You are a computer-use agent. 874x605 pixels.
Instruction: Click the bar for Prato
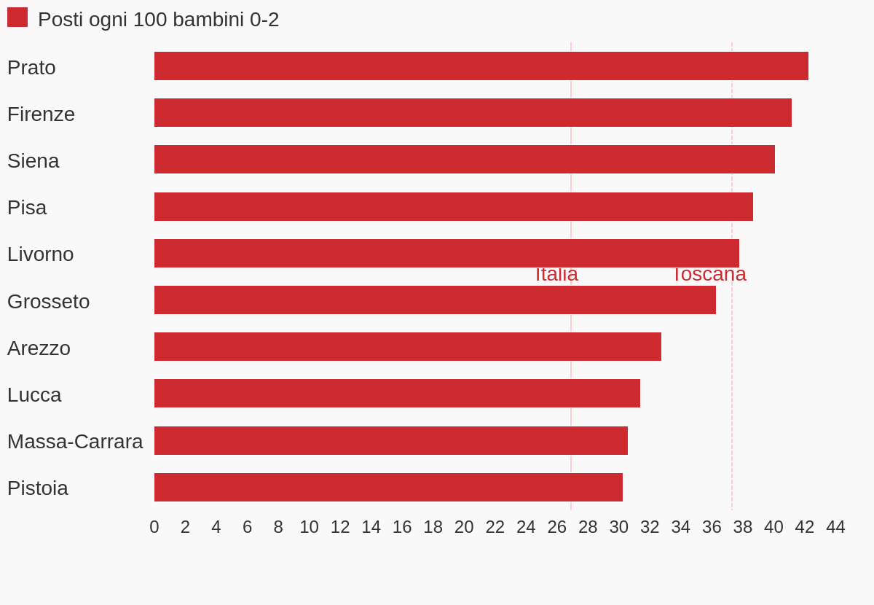[481, 66]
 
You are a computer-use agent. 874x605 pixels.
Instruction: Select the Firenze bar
[473, 113]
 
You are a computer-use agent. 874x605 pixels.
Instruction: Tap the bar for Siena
[464, 160]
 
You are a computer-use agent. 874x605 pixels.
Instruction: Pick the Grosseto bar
[435, 300]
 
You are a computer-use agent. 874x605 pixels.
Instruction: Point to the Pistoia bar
[388, 488]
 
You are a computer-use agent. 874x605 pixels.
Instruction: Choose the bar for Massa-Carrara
[391, 441]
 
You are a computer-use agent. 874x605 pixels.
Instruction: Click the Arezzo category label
[39, 348]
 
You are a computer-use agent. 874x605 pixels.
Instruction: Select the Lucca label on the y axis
[34, 395]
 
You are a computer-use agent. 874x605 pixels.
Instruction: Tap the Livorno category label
[41, 254]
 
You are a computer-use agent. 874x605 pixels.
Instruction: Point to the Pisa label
[27, 208]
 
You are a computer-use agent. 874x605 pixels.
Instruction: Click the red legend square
[17, 17]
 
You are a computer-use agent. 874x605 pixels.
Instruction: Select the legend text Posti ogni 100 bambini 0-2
[158, 20]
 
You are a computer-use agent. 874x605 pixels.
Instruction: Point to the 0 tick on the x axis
[154, 527]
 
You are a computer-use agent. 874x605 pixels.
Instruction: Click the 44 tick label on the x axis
[835, 527]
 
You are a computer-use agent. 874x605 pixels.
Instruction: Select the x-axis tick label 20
[464, 527]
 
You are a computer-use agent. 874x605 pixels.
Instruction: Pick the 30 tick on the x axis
[619, 527]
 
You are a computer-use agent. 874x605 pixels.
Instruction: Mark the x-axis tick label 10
[309, 527]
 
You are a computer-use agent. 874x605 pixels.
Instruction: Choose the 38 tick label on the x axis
[743, 527]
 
